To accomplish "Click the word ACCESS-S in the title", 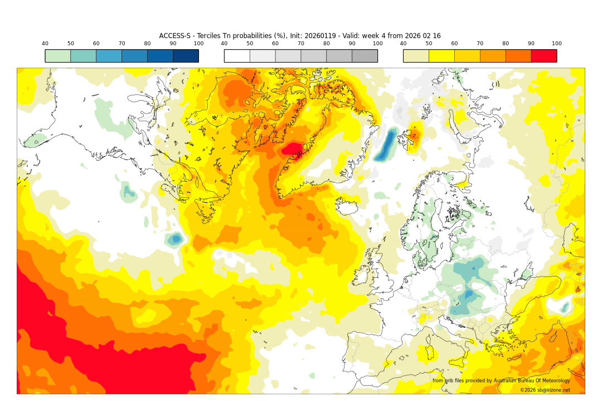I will (x=174, y=36).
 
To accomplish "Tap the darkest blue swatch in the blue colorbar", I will (x=186, y=56).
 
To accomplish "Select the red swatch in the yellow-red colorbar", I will (x=543, y=56).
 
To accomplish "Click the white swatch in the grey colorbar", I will (x=237, y=56).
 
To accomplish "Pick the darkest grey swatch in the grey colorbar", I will (x=365, y=56).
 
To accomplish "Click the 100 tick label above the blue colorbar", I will (x=198, y=44).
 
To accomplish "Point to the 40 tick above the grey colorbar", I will (x=224, y=44).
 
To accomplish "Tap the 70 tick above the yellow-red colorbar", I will (x=480, y=44).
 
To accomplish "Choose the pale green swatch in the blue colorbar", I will (x=58, y=56).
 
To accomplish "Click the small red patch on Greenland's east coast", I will (x=293, y=149).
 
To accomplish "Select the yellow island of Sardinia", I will (x=430, y=353).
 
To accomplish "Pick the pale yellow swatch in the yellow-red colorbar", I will (x=416, y=56).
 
